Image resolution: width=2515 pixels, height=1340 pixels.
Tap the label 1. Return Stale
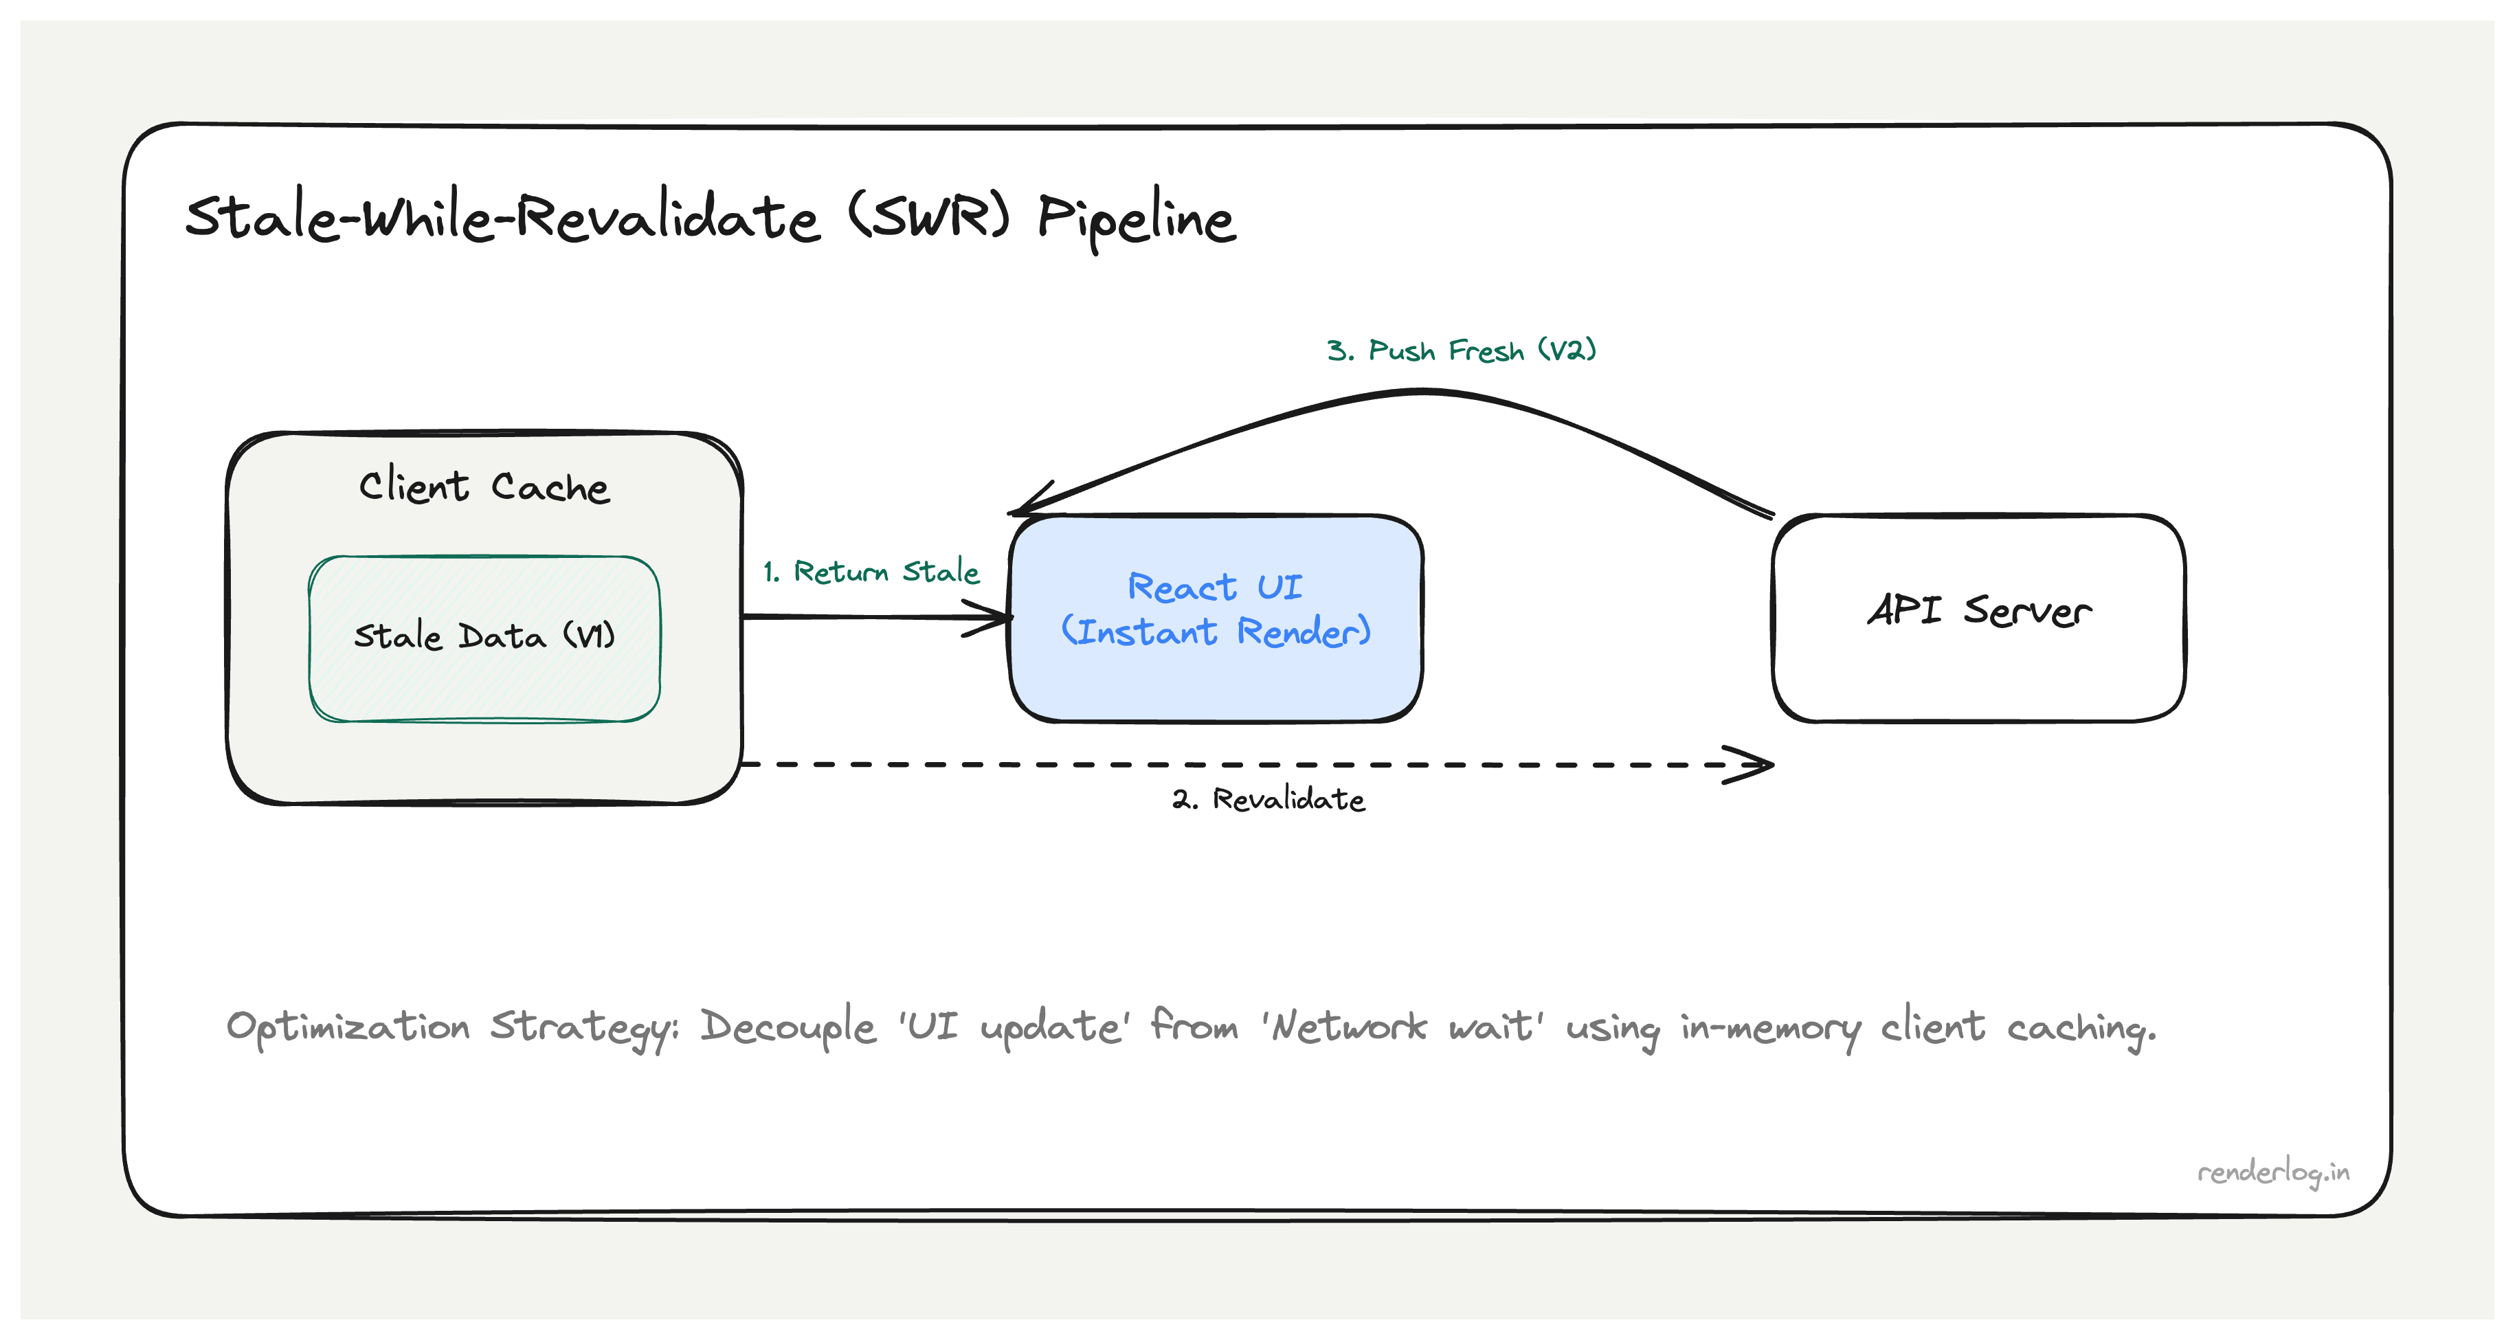coord(871,571)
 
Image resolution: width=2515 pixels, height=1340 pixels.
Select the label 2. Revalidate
coord(1268,800)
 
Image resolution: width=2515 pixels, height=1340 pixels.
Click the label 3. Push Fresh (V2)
coord(1461,350)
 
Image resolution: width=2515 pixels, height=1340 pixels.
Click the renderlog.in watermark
coord(2273,1172)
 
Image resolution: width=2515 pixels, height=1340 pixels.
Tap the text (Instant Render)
coord(1216,632)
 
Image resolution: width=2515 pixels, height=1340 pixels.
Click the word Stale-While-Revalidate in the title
coord(502,217)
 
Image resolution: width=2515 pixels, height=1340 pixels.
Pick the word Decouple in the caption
coord(788,1027)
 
